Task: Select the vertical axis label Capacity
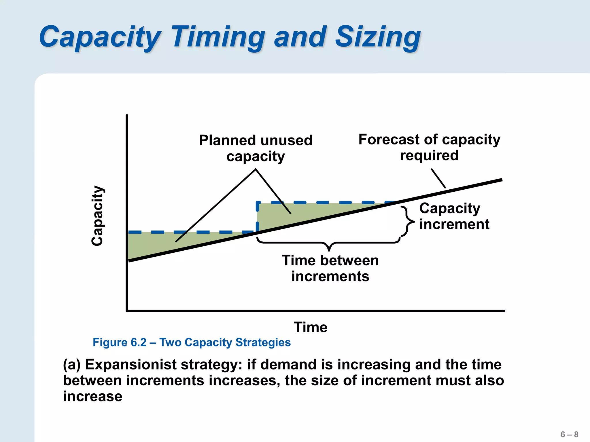(97, 216)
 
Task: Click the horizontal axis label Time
(311, 327)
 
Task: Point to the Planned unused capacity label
(256, 148)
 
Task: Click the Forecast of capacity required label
(429, 147)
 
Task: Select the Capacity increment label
(454, 216)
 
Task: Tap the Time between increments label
(330, 268)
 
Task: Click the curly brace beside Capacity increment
(407, 222)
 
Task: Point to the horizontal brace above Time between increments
(329, 243)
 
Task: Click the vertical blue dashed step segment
(257, 217)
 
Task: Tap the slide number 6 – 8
(569, 434)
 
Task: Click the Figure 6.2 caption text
(192, 342)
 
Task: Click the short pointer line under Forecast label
(438, 178)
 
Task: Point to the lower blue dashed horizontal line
(190, 232)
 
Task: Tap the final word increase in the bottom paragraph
(93, 397)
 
